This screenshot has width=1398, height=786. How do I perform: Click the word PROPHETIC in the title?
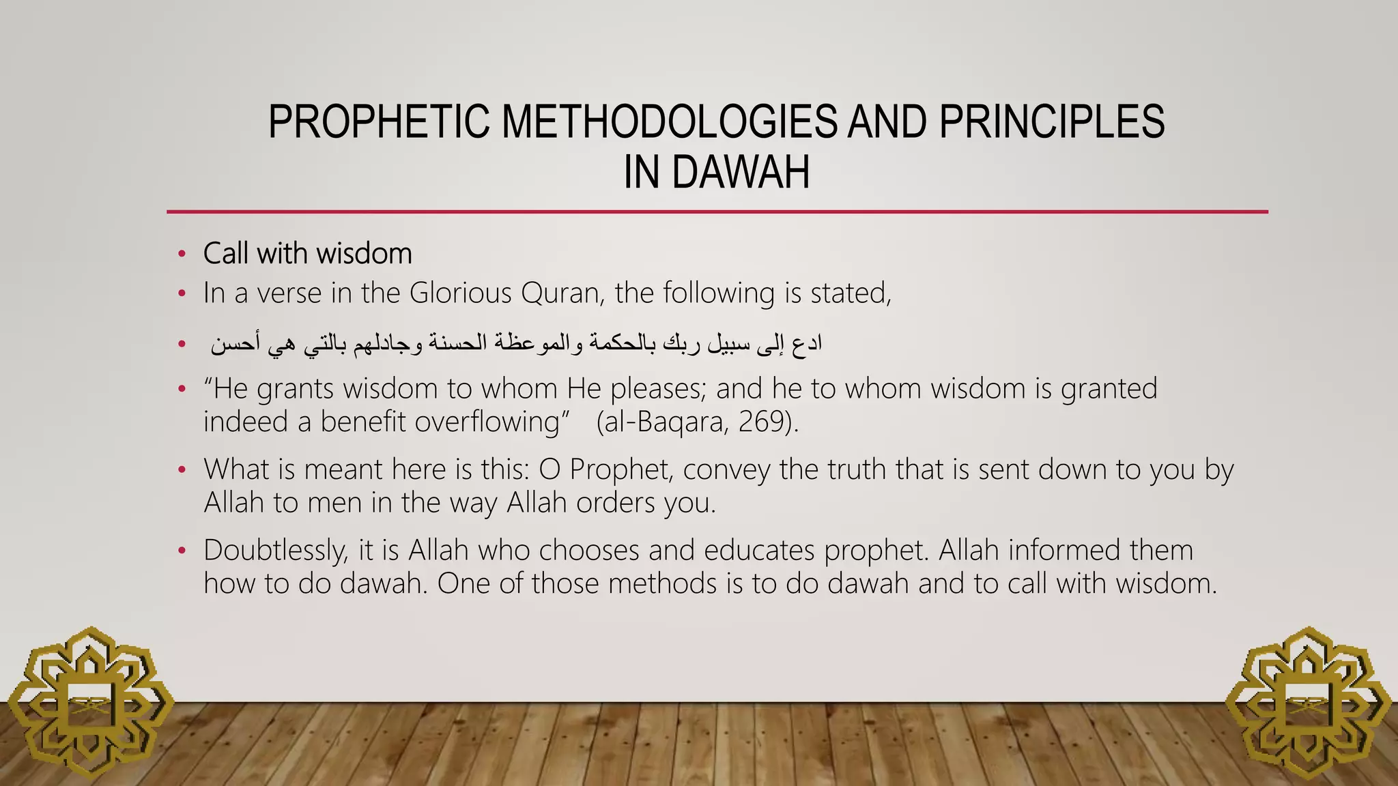[378, 123]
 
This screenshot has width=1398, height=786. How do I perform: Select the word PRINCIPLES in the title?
[1051, 123]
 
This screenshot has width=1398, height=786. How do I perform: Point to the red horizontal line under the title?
[717, 212]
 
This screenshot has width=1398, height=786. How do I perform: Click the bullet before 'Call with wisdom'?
[182, 254]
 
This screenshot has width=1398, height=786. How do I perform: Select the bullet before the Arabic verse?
[182, 345]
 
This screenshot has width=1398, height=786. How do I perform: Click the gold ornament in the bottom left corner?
[89, 703]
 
